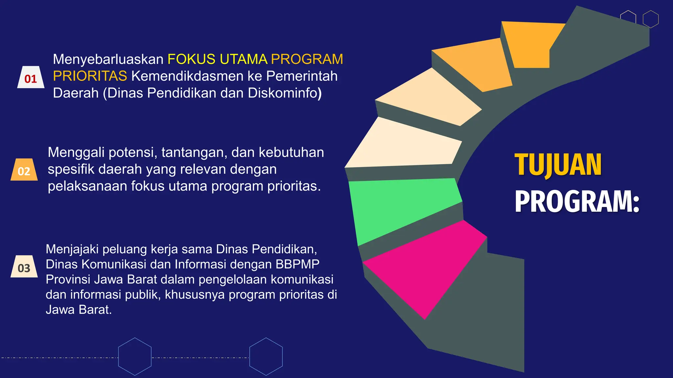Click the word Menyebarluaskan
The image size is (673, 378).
coord(108,59)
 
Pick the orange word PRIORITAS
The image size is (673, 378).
coord(90,76)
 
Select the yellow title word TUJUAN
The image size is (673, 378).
coord(558,165)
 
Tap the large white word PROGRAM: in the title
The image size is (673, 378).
coord(577,201)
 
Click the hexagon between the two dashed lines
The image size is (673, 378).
coord(135,356)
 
